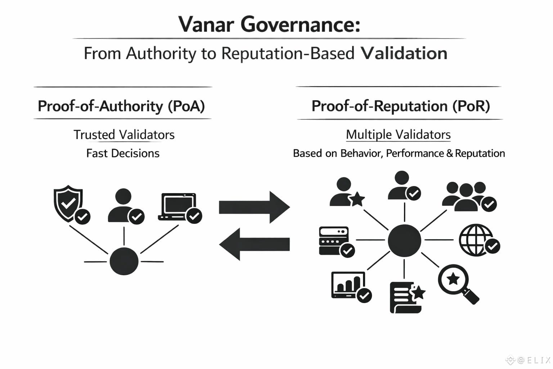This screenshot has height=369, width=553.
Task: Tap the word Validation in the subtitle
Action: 404,53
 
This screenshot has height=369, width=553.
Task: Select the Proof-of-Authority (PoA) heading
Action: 121,106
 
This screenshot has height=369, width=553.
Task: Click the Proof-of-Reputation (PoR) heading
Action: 400,106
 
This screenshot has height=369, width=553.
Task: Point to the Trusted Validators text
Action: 124,135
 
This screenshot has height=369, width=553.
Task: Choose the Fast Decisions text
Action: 123,154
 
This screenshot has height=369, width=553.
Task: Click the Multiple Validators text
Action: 398,135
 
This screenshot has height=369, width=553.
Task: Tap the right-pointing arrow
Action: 254,207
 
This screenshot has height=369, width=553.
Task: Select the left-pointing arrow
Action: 254,244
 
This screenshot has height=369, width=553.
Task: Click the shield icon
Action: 68,203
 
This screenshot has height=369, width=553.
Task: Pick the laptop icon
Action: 178,207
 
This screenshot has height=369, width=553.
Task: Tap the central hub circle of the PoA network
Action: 124,261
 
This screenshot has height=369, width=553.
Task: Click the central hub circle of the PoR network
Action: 404,240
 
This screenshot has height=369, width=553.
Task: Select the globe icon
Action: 476,240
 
